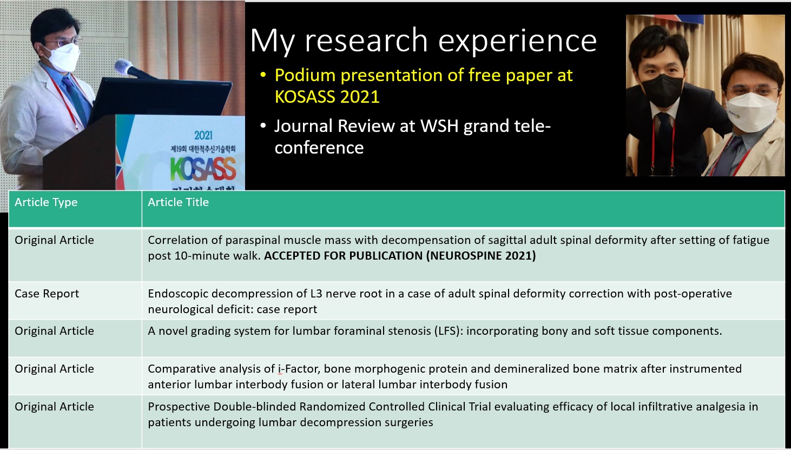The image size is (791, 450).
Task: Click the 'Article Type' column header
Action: pos(46,202)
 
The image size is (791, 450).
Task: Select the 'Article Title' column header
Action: pos(178,202)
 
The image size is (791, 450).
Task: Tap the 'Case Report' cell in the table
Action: pos(47,294)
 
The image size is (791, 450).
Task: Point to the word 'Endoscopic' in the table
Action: pos(177,294)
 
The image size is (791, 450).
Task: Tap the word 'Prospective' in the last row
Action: pos(179,407)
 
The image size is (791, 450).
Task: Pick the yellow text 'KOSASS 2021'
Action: pos(327,97)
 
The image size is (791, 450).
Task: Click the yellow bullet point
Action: pos(263,75)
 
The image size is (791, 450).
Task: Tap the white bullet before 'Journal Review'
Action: pos(263,125)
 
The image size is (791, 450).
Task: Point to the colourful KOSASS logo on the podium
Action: pos(203,169)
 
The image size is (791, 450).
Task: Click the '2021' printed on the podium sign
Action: pos(203,135)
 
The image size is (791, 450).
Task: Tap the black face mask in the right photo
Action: pos(662,90)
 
